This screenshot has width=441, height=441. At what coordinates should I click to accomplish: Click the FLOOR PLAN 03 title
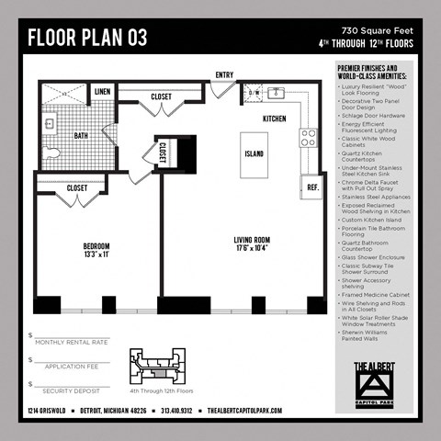pyautogui.click(x=87, y=38)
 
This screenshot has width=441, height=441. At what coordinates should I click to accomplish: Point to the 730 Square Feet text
pyautogui.click(x=378, y=31)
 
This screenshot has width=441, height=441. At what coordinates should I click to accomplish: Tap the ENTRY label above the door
pyautogui.click(x=224, y=75)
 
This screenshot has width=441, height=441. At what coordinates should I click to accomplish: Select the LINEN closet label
pyautogui.click(x=102, y=92)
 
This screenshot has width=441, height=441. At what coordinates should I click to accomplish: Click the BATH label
pyautogui.click(x=82, y=135)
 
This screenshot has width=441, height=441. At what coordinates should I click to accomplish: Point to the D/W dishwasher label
pyautogui.click(x=254, y=93)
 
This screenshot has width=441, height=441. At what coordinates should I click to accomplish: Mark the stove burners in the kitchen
pyautogui.click(x=309, y=138)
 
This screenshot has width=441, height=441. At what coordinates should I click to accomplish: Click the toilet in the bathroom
pyautogui.click(x=53, y=153)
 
